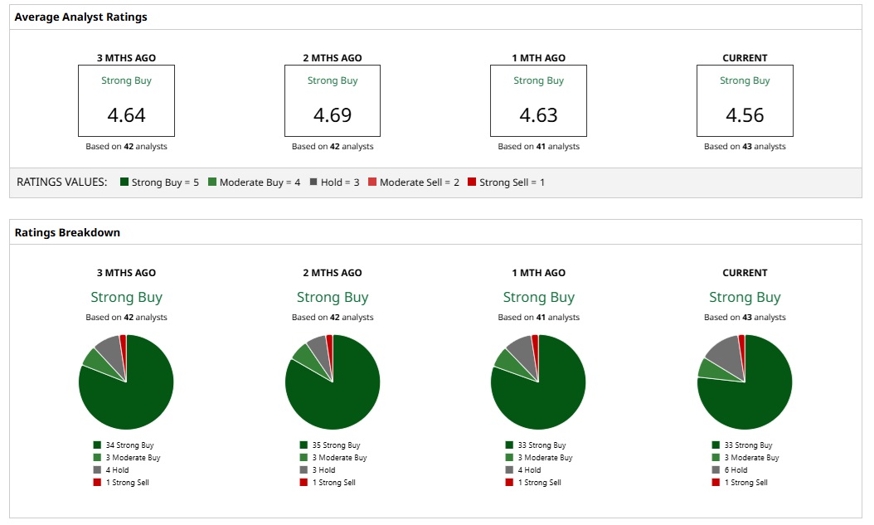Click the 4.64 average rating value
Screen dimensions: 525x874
[x=126, y=114]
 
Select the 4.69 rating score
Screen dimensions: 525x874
[x=333, y=114]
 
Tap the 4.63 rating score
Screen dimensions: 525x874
[x=538, y=114]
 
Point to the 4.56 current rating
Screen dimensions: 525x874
[x=745, y=114]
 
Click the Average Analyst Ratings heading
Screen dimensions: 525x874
[x=81, y=17]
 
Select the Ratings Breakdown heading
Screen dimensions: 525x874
[x=67, y=232]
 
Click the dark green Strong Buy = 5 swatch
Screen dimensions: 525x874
[x=124, y=182]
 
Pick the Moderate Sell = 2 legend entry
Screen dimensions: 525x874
[x=413, y=182]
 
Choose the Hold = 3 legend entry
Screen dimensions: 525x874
[x=334, y=182]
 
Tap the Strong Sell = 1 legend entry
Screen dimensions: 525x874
[x=506, y=182]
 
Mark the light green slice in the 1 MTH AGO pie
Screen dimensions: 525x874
[x=505, y=358]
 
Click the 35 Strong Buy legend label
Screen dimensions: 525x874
[x=336, y=445]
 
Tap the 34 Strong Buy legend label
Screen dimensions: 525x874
[x=129, y=445]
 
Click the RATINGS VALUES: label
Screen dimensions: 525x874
[x=62, y=182]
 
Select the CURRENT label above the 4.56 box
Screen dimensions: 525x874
[x=745, y=58]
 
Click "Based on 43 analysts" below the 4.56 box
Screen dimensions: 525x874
[x=745, y=147]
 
